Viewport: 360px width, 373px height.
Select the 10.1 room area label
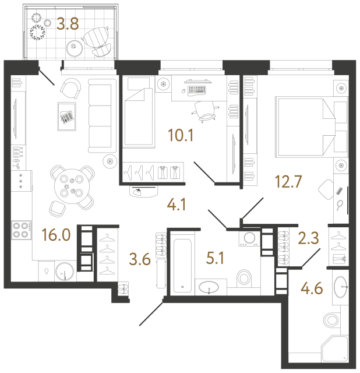(180, 138)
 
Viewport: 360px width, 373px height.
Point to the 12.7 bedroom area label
(289, 185)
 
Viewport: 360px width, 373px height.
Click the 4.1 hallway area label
(178, 206)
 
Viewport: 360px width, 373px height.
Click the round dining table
(70, 186)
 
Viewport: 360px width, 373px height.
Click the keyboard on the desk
(196, 90)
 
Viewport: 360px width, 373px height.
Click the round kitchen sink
(65, 270)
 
